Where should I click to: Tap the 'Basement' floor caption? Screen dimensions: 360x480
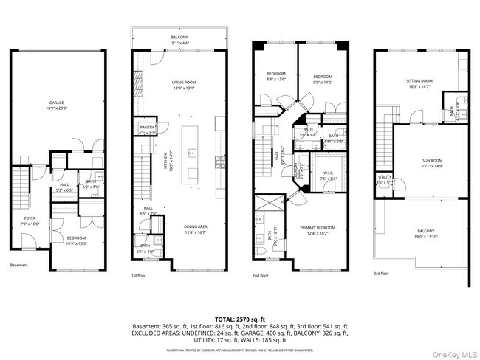pos(19,266)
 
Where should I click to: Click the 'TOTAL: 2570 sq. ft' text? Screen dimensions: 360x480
pos(239,318)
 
